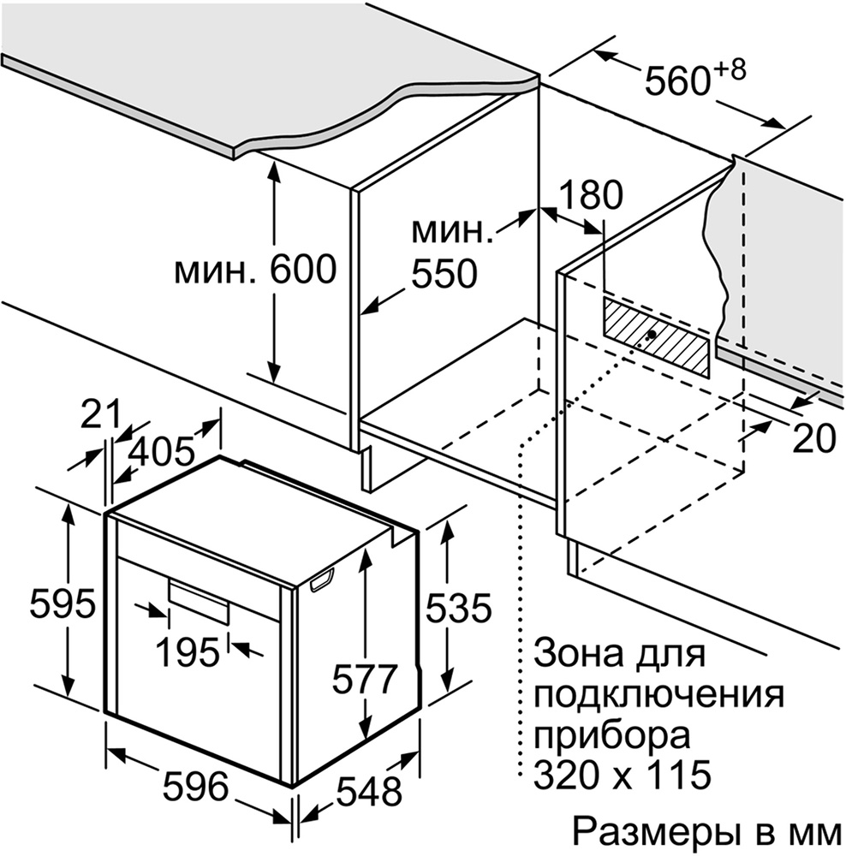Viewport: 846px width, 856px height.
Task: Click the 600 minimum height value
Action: (304, 269)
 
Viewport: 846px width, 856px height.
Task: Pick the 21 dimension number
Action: (100, 415)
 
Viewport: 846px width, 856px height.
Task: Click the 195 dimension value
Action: (188, 652)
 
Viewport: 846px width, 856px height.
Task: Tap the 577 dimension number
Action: (365, 679)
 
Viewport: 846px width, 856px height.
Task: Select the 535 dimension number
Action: (459, 608)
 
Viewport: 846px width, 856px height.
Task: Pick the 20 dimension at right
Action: (814, 439)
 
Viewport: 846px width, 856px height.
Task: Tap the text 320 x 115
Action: (622, 774)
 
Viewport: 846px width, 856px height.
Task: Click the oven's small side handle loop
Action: (322, 580)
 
